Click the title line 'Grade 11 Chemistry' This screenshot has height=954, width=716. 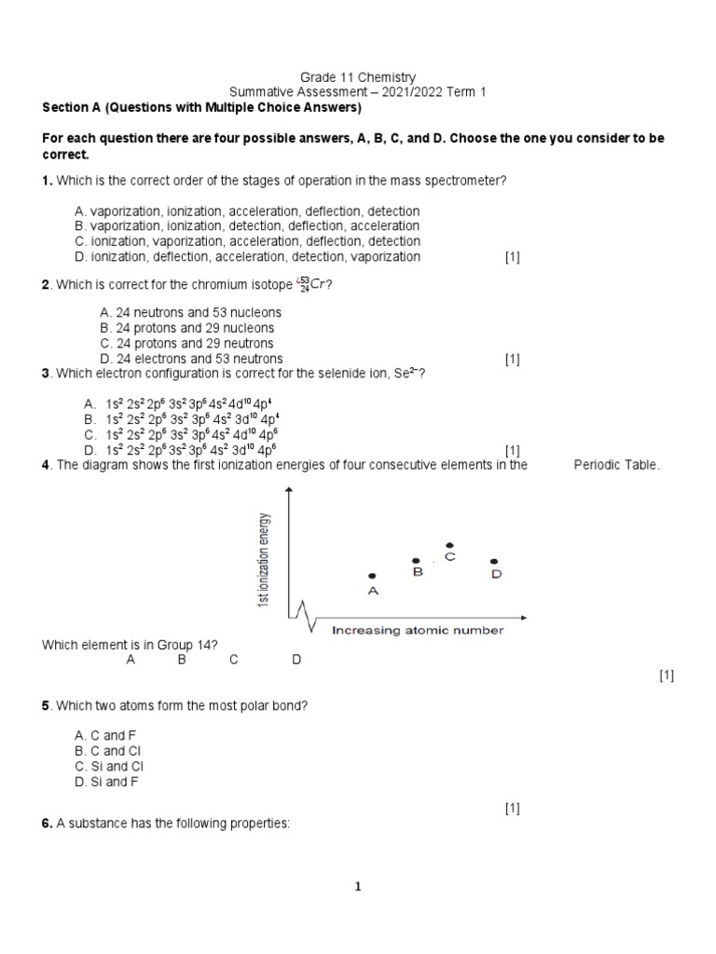358,77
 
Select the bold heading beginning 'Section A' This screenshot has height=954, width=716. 201,107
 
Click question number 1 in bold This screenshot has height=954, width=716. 47,181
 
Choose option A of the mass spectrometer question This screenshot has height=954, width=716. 247,211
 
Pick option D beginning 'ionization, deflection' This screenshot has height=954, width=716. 247,256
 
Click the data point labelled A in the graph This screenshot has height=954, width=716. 372,577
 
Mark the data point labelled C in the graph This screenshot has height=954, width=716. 450,545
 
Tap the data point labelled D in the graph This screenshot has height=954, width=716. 493,561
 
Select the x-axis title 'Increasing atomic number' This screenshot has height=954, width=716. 418,631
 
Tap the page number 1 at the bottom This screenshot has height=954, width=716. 357,887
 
